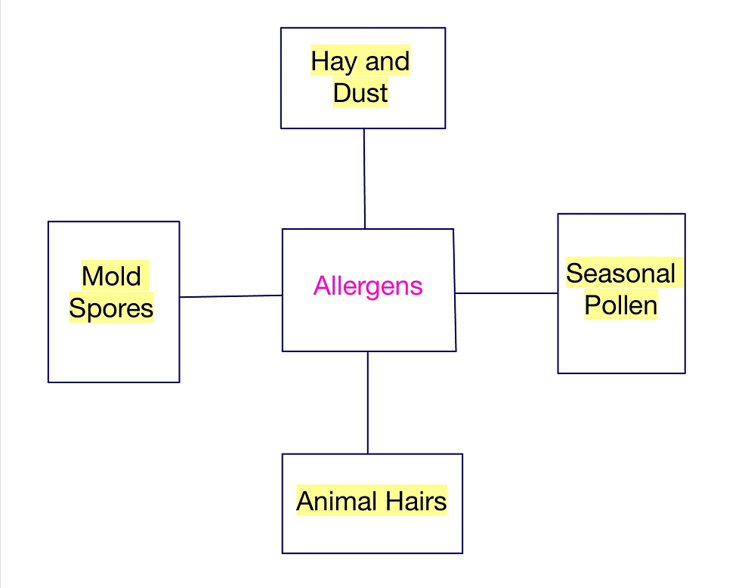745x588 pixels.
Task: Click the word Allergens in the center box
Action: [x=368, y=286]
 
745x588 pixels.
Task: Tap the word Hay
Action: [x=333, y=62]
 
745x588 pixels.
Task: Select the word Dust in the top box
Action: [x=360, y=93]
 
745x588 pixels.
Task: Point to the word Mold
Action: [x=111, y=276]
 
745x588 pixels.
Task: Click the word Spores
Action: [x=111, y=308]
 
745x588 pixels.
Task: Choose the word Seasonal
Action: [x=620, y=274]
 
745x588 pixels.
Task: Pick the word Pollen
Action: [x=621, y=305]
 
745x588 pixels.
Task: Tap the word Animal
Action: [x=337, y=501]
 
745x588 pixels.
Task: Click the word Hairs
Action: [x=416, y=501]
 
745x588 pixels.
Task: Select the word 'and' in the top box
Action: [x=387, y=62]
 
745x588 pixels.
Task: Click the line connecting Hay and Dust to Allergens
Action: [x=364, y=178]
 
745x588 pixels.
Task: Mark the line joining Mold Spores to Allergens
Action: [x=231, y=296]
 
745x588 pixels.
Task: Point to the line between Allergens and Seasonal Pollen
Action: [x=506, y=293]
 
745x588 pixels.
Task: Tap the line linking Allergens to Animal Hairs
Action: [x=368, y=403]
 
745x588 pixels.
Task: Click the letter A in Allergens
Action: [x=322, y=286]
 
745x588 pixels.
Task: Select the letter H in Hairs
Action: [x=394, y=501]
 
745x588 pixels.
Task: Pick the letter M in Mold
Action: [x=91, y=276]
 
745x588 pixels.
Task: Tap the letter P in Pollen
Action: [x=592, y=305]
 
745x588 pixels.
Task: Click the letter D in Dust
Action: [x=342, y=93]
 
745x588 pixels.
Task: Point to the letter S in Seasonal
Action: [x=574, y=274]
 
